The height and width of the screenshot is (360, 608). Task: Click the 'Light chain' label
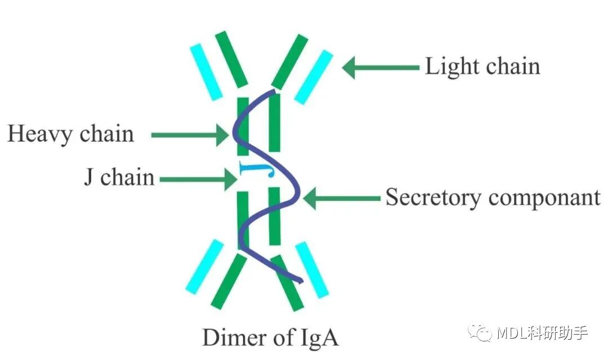482,66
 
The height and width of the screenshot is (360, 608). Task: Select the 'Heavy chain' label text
70,134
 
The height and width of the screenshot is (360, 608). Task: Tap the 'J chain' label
119,177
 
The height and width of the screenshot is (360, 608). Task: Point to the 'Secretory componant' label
493,198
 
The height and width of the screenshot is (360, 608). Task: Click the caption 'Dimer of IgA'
270,337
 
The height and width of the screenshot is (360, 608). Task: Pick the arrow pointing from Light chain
381,68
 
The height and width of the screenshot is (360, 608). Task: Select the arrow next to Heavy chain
190,135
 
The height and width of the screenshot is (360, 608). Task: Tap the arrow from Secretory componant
342,198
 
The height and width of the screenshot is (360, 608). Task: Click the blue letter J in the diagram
257,169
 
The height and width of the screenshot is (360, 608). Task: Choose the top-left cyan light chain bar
206,72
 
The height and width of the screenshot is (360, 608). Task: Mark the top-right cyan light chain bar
314,77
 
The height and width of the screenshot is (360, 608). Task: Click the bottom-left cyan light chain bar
205,266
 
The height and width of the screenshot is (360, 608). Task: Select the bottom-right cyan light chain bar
312,270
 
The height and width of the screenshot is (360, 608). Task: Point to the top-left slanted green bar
231,59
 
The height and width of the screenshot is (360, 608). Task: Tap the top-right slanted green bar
290,61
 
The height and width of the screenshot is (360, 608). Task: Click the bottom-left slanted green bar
229,281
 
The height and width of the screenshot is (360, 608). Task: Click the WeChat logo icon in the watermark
480,332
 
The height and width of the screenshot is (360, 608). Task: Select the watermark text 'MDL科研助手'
542,333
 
